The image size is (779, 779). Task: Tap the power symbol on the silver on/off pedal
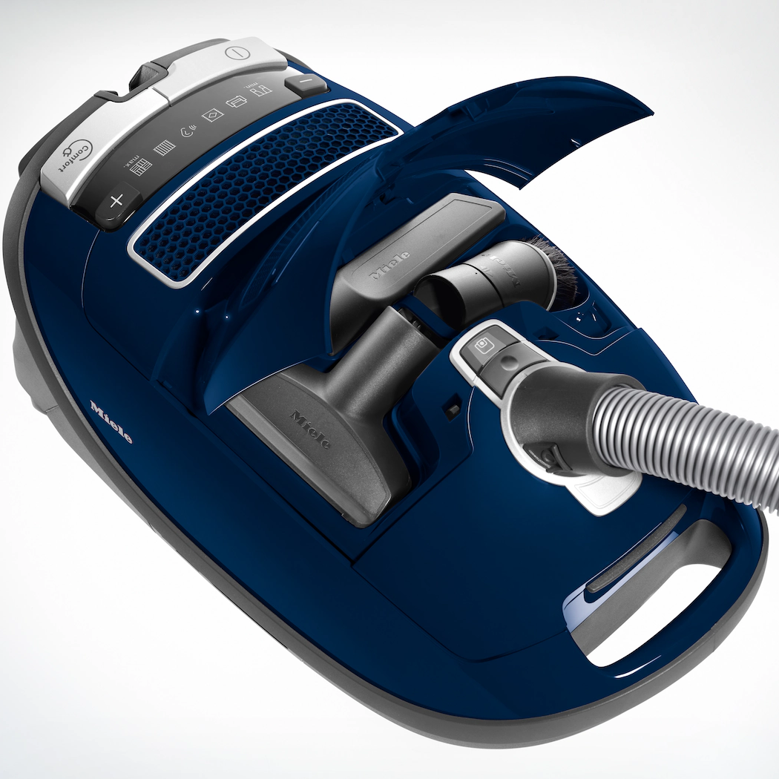[235, 53]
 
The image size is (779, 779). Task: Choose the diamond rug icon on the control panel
[212, 116]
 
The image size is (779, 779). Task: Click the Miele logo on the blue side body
[111, 421]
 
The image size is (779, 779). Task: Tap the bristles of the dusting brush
[555, 266]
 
